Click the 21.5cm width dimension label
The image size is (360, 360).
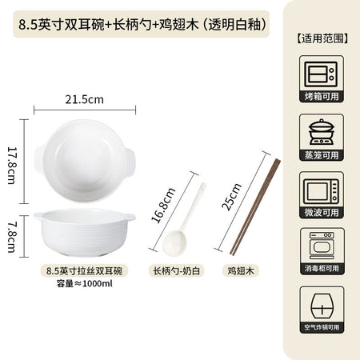coord(85,99)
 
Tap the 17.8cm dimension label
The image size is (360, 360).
coord(12,166)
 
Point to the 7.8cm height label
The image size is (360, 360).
coord(12,238)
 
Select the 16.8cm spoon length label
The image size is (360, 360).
coord(163,205)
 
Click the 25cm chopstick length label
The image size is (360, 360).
coord(231,197)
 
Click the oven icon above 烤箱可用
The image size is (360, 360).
coord(321,74)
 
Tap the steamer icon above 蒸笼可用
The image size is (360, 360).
coord(322,132)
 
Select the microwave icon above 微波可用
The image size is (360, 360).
coord(321,190)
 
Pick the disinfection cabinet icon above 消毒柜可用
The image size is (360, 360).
coord(322,246)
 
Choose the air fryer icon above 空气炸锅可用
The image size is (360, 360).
coord(322,306)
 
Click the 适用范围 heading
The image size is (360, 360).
coord(322,38)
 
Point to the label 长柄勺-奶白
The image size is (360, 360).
coord(176,271)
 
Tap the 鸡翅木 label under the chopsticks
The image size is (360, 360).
coord(241,271)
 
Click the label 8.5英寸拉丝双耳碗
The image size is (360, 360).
coord(84,271)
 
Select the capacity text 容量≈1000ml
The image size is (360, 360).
coord(84,283)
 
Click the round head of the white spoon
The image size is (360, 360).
coord(174,242)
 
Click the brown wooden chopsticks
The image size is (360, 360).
coord(255,206)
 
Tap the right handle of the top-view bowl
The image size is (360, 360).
coord(130,162)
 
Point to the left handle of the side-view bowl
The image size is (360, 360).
coord(38,216)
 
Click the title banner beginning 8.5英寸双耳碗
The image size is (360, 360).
coord(142,24)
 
